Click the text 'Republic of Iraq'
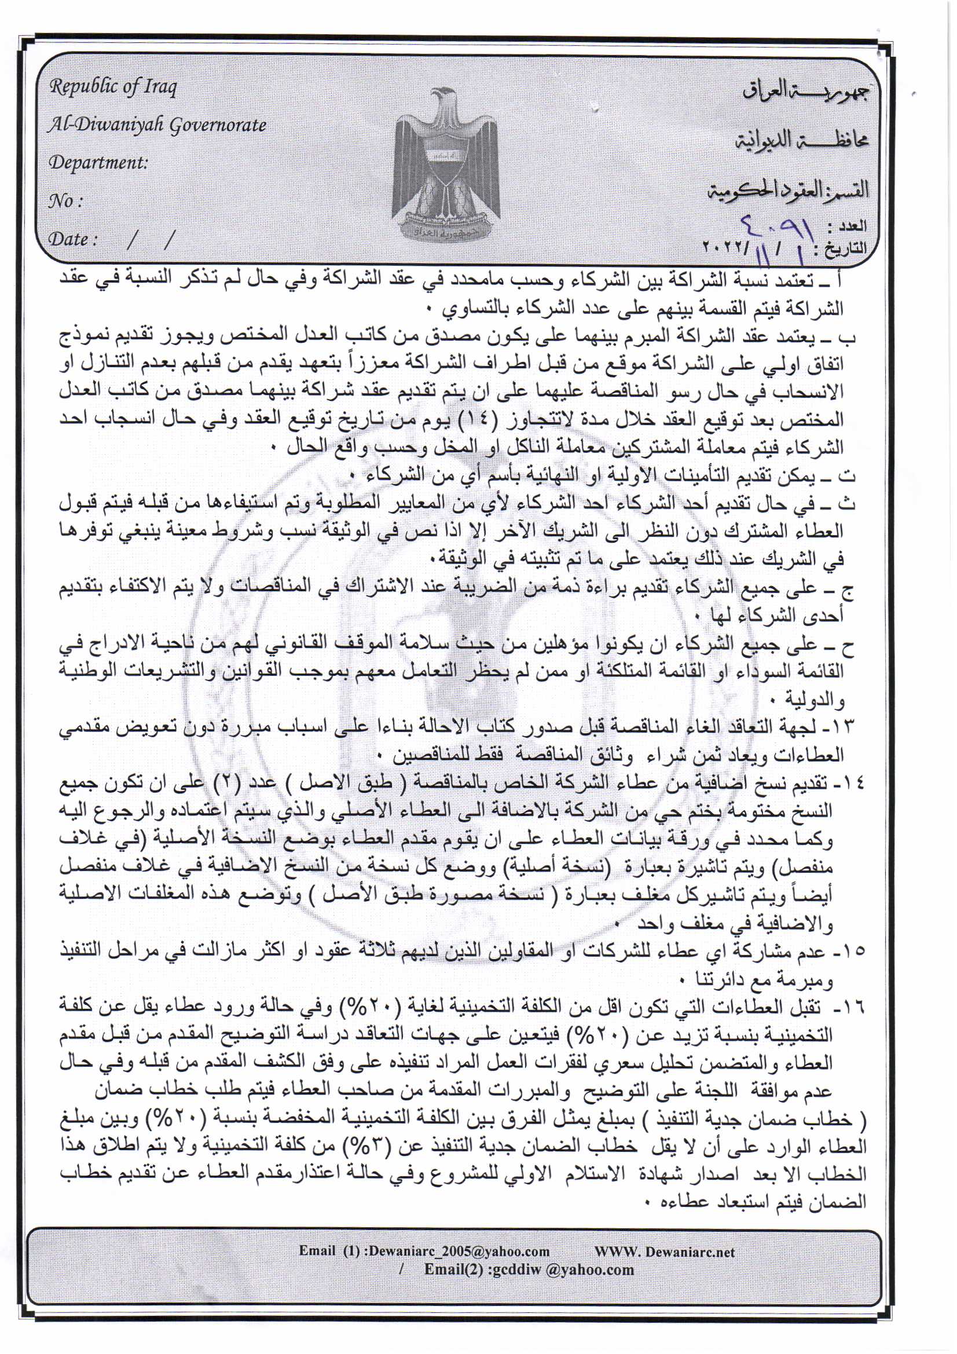pos(113,87)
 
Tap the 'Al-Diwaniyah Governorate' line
pos(157,125)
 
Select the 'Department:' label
pos(98,163)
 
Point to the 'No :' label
pos(65,202)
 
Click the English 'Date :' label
pos(71,239)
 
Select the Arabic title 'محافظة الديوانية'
pos(801,140)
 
